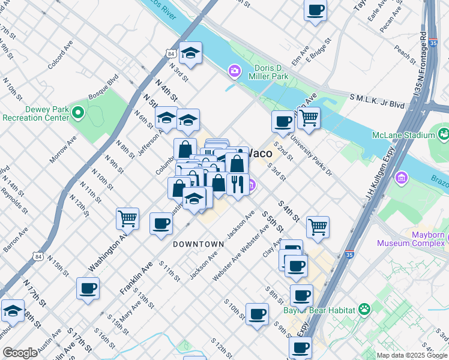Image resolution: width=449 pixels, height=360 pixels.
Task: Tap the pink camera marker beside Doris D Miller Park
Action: pos(234,72)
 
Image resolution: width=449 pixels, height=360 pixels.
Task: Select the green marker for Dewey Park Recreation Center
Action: pos(77,112)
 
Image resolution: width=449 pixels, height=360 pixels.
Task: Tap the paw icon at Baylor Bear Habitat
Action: pos(364,308)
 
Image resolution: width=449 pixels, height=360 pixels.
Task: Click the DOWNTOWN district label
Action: pos(198,244)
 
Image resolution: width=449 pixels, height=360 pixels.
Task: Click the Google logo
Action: pos(20,353)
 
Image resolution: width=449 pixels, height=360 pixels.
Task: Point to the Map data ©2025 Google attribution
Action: pos(411,355)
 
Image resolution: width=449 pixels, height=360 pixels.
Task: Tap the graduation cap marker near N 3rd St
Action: pos(190,53)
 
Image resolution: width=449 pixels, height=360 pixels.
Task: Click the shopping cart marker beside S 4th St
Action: pos(318,226)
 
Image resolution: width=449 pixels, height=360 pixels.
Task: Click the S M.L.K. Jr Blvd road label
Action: pos(378,100)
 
